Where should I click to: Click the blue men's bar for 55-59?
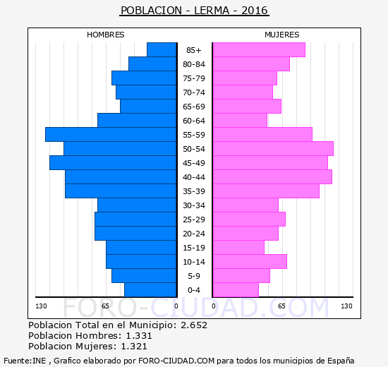(111, 135)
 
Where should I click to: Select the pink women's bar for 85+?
(259, 50)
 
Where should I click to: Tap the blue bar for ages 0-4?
(150, 290)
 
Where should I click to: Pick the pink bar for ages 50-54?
(273, 149)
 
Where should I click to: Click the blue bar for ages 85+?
(162, 50)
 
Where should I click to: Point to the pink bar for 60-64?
(240, 121)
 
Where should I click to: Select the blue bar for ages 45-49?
(113, 163)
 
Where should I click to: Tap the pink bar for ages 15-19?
(238, 248)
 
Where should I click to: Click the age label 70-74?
(194, 92)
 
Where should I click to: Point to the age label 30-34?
(194, 205)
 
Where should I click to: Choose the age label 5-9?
(194, 276)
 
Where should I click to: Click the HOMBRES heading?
(105, 35)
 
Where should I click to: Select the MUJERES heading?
(282, 35)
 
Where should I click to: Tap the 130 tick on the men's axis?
(41, 306)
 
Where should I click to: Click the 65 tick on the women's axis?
(281, 306)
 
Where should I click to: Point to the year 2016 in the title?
(255, 11)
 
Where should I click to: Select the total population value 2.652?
(194, 325)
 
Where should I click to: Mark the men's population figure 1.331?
(139, 336)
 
